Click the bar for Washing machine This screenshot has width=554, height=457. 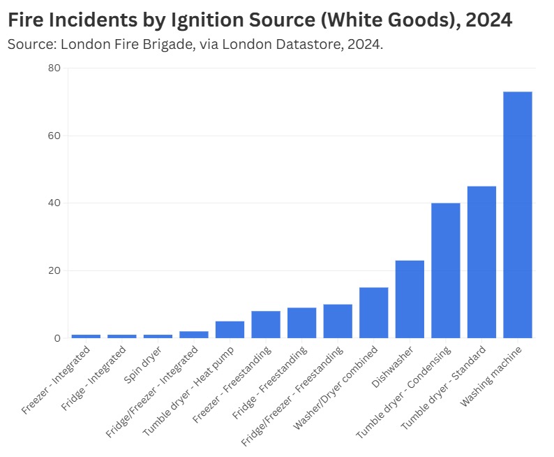pos(517,215)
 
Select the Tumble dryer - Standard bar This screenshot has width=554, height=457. pos(481,262)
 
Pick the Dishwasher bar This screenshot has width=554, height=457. pos(410,299)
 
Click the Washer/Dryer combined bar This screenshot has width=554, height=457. pos(373,312)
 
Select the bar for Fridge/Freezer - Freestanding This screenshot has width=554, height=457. pos(338,321)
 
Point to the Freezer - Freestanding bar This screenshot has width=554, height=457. pos(266,324)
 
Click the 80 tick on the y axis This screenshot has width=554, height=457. pos(54,68)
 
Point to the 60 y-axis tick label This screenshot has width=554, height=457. pos(54,136)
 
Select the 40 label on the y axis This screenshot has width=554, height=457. pos(54,203)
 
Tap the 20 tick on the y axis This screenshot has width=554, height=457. pos(54,271)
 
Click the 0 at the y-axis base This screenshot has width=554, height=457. pos(58,338)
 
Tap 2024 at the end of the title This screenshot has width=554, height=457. pos(489,20)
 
